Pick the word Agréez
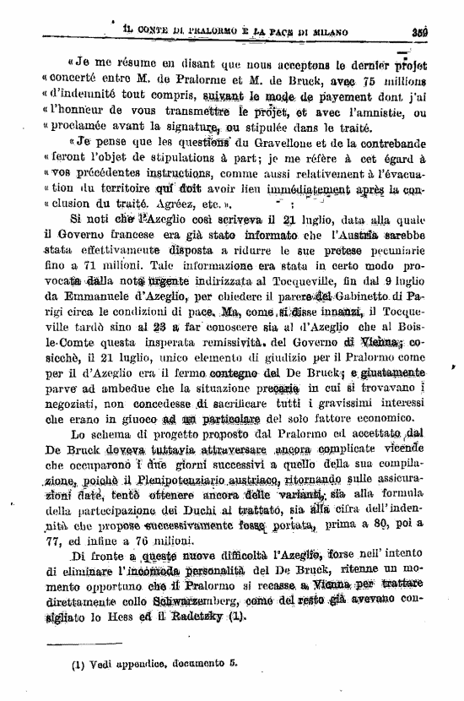163,204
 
